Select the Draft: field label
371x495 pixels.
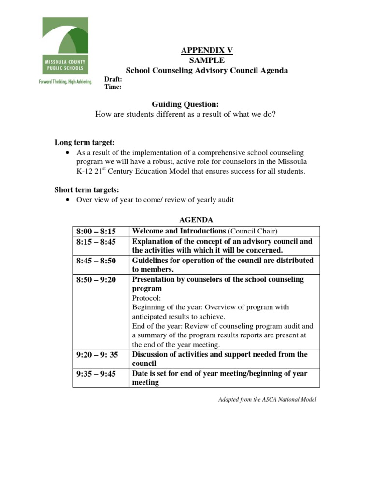(x=113, y=79)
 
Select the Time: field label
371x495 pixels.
(x=113, y=87)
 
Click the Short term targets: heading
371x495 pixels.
(x=86, y=189)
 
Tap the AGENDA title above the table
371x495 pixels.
(x=196, y=220)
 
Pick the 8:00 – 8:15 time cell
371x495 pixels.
(x=96, y=231)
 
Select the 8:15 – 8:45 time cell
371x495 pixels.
(x=96, y=241)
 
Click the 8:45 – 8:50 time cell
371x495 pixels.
(x=96, y=261)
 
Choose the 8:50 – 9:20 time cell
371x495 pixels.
(x=96, y=280)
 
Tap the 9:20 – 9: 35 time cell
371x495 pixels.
(x=97, y=355)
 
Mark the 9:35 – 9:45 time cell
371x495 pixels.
(x=96, y=374)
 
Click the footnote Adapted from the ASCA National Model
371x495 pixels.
(x=260, y=400)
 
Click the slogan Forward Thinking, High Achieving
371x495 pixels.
(x=65, y=82)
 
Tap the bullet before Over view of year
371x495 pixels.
(x=67, y=200)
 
